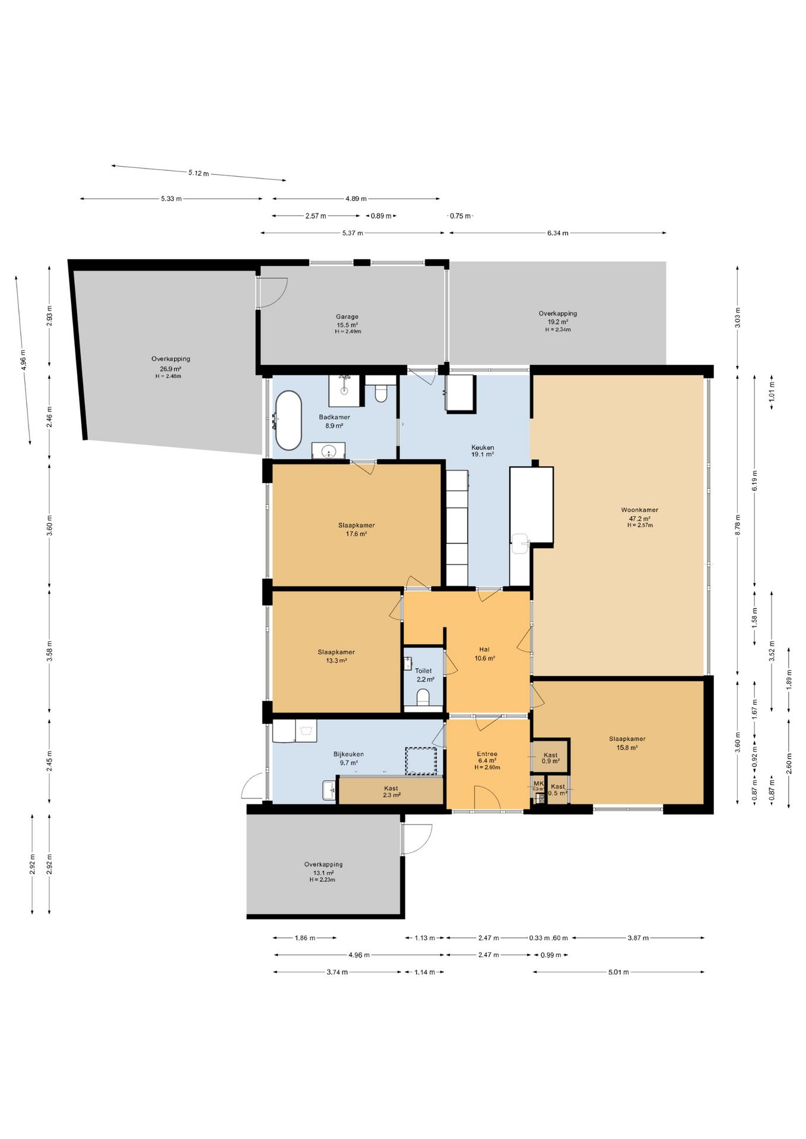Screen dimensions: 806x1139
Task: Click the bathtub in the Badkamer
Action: click(x=288, y=420)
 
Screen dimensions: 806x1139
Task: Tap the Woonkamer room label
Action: click(x=639, y=510)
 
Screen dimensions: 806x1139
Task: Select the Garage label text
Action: click(x=347, y=317)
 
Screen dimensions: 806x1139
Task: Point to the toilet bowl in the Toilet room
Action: click(x=423, y=697)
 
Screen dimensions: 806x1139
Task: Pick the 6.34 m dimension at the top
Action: click(x=557, y=233)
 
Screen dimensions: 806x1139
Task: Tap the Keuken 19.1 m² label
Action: click(x=483, y=451)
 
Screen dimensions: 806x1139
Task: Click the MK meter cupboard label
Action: click(x=538, y=783)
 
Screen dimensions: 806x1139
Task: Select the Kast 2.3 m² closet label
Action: click(x=391, y=791)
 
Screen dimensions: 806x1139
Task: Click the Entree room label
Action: click(x=487, y=754)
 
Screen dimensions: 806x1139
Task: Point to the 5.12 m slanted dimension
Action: click(x=199, y=173)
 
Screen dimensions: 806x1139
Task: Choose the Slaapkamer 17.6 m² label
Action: click(x=356, y=529)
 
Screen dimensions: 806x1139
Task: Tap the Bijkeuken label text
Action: click(x=348, y=755)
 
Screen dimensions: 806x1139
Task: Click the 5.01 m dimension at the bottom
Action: click(x=618, y=972)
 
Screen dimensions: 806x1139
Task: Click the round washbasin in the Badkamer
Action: click(x=329, y=451)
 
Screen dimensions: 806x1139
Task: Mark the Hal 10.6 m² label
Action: click(x=484, y=654)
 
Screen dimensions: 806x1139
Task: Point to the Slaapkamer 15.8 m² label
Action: click(x=627, y=743)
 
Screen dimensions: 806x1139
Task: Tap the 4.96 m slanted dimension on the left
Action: click(x=23, y=359)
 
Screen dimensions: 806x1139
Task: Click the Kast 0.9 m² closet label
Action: click(x=551, y=758)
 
